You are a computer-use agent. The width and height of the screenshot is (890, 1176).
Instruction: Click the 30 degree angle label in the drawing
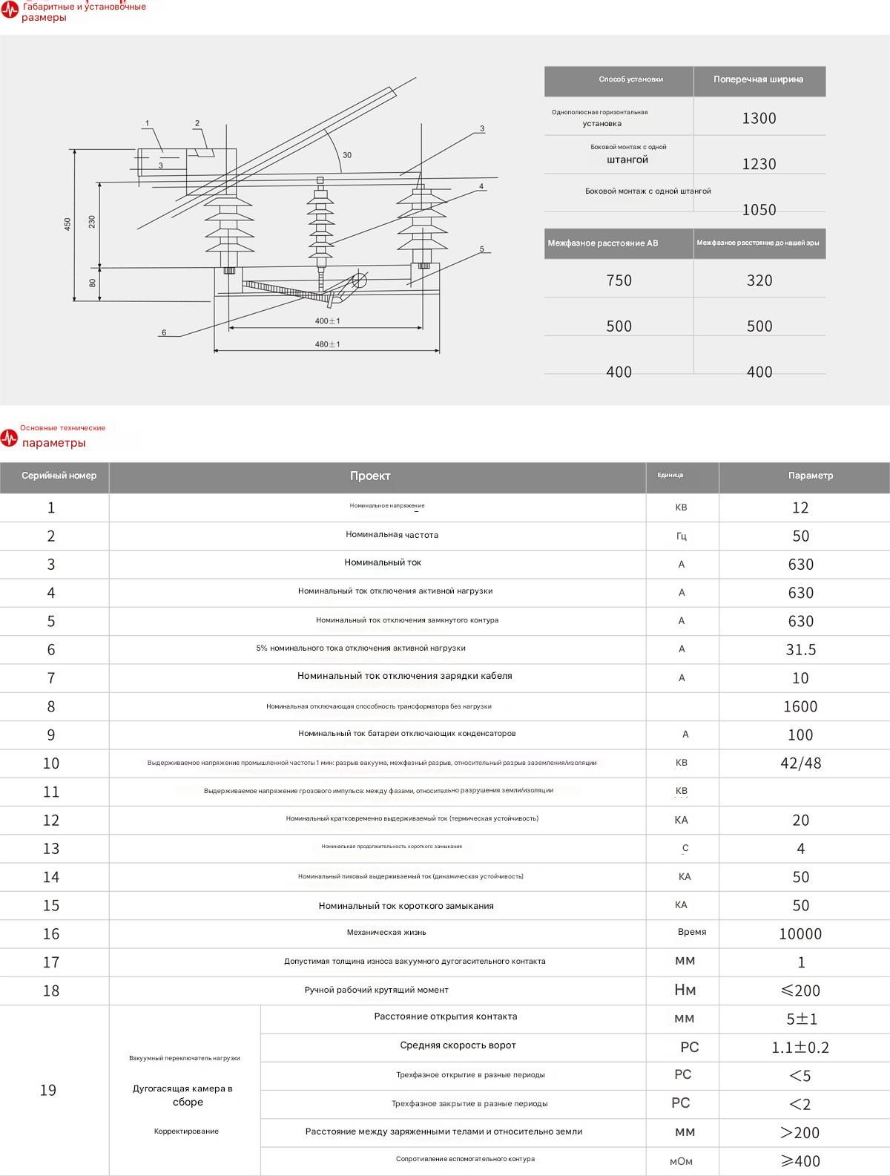[x=347, y=155]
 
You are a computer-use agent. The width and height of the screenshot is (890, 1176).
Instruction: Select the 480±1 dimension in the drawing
[x=327, y=344]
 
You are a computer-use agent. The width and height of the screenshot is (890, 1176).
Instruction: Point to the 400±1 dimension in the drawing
[x=327, y=321]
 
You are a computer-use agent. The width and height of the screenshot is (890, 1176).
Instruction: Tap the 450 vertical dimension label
[x=67, y=223]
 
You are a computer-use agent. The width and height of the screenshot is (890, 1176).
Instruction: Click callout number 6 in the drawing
[x=164, y=332]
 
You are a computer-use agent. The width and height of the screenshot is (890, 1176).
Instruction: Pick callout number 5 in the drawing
[x=481, y=249]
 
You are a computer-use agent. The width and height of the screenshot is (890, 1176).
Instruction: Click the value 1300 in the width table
[x=759, y=118]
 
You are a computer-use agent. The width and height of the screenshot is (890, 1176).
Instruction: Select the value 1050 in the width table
[x=759, y=209]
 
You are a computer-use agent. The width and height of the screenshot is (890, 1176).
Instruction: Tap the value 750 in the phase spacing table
[x=619, y=280]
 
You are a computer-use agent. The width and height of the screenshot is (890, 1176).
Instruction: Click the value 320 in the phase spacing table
[x=759, y=280]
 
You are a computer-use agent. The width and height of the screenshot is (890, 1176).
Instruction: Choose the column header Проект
[x=370, y=476]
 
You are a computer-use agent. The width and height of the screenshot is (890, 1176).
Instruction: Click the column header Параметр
[x=810, y=476]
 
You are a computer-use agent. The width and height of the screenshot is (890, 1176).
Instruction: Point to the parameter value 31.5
[x=801, y=650]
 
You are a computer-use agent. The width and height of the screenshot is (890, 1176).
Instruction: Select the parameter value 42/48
[x=801, y=763]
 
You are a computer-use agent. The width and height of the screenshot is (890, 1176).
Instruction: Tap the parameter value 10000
[x=800, y=934]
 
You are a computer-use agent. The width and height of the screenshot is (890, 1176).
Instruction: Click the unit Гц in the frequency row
[x=682, y=536]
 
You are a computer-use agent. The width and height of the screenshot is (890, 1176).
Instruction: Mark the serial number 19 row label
[x=48, y=1090]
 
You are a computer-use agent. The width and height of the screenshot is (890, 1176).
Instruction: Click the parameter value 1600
[x=800, y=706]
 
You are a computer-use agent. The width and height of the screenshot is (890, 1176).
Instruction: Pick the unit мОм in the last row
[x=681, y=1161]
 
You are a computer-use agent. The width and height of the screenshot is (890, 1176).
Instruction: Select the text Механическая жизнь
[x=386, y=933]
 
